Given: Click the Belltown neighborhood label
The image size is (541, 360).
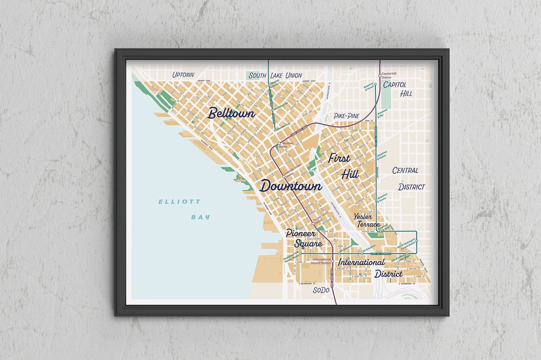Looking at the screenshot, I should click(231, 113).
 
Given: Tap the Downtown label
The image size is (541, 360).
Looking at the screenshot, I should click(291, 186).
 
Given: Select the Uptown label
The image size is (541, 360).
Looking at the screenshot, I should click(183, 75).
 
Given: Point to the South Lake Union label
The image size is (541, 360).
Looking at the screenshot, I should click(275, 76).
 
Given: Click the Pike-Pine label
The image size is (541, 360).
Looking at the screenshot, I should click(347, 116).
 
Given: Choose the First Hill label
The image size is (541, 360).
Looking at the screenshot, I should click(340, 166).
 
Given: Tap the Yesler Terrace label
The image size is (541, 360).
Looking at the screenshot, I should click(367, 220).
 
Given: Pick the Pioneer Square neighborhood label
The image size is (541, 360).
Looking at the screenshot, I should click(301, 238).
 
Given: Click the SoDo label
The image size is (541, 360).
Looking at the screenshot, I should click(321, 290).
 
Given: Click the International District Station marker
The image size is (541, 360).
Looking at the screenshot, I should click(332, 261).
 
